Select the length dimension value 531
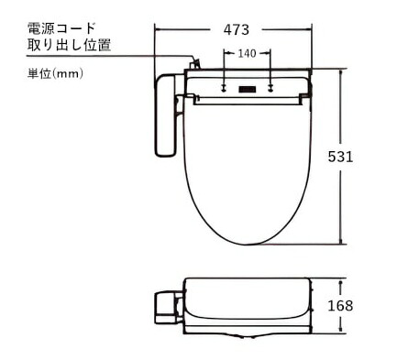coord(341,157)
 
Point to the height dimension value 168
coord(341,306)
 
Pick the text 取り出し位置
coord(69,45)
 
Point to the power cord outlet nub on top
coord(194,64)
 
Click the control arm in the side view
coord(168,304)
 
